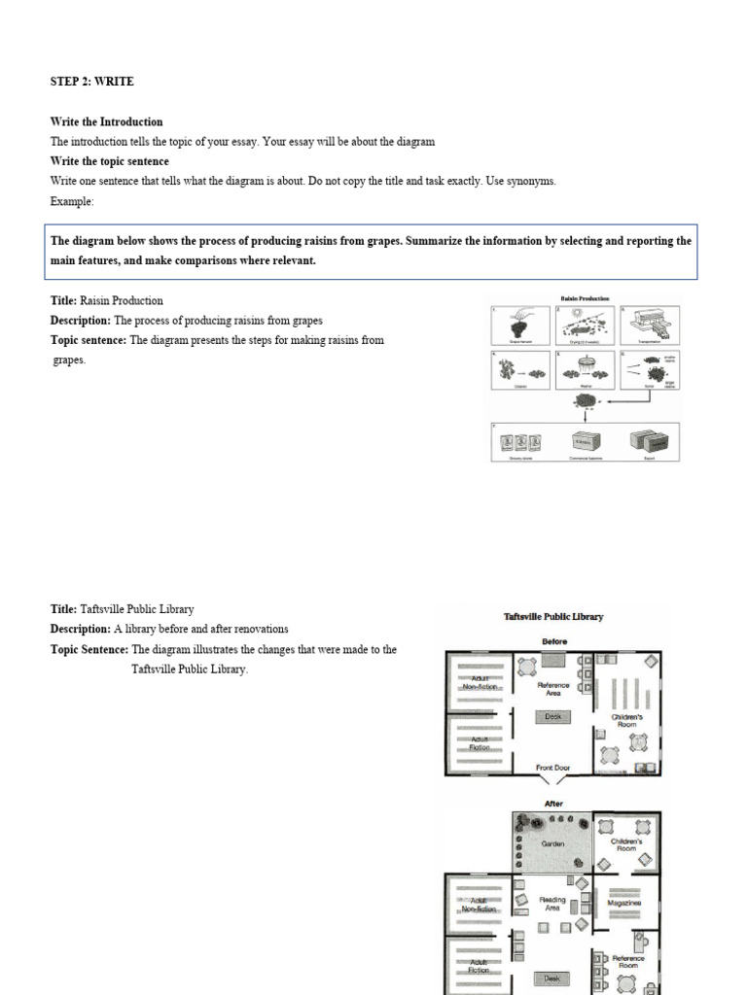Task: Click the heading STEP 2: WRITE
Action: pos(91,82)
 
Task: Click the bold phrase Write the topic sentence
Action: pos(109,161)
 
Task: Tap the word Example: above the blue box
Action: pos(72,201)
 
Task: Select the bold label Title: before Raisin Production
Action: pos(64,300)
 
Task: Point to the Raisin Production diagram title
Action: pos(584,300)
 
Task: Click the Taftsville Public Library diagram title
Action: pos(553,616)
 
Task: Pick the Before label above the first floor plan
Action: pos(553,642)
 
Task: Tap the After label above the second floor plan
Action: pos(553,804)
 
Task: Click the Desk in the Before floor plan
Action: pos(552,717)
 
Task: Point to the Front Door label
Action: pos(552,768)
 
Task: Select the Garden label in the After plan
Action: pos(552,843)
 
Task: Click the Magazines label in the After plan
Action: pos(623,903)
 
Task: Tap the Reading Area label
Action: pos(552,903)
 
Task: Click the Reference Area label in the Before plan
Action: pos(552,688)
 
